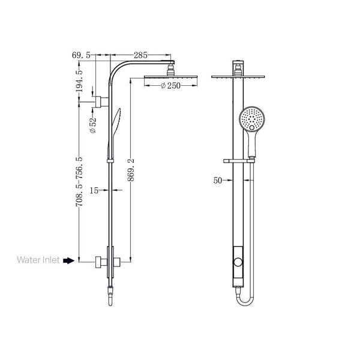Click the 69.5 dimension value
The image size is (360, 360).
click(80, 55)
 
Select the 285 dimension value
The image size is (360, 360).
click(141, 55)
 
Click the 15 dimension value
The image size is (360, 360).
click(94, 190)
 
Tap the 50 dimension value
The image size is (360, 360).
click(218, 179)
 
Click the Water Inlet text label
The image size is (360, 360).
click(38, 260)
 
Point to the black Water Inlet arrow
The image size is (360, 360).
click(68, 261)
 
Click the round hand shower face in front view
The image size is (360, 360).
click(251, 119)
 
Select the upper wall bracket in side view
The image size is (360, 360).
click(100, 100)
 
